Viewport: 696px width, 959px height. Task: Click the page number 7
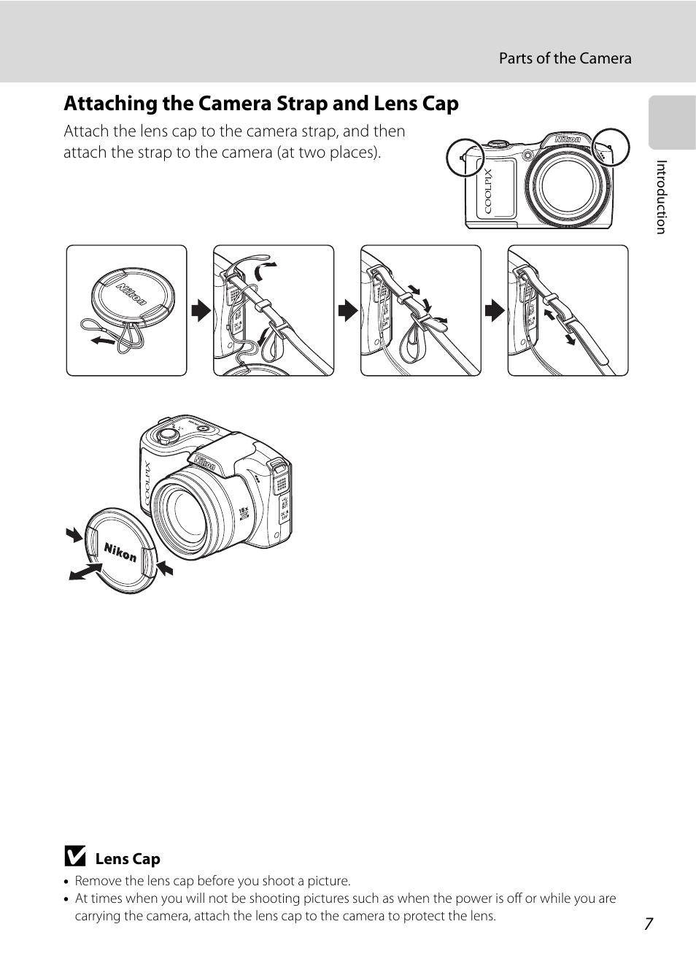click(x=649, y=924)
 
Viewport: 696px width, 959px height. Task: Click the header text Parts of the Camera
click(x=565, y=58)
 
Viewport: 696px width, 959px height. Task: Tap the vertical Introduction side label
click(x=661, y=197)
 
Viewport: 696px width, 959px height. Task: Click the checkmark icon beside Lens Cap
click(x=75, y=856)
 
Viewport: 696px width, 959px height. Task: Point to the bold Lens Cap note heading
click(x=128, y=859)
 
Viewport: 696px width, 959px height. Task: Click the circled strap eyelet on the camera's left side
click(x=465, y=158)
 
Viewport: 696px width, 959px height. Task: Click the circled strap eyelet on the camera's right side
click(x=611, y=147)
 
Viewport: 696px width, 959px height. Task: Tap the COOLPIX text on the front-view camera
click(x=488, y=191)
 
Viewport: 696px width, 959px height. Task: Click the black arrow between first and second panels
click(x=201, y=310)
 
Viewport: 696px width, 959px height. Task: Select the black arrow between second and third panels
click(x=348, y=310)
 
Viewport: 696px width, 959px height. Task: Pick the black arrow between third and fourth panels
click(x=495, y=310)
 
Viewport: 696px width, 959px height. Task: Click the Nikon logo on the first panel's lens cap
click(x=132, y=295)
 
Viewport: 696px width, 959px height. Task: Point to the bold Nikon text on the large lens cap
click(x=120, y=552)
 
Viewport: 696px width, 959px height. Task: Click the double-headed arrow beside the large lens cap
click(x=85, y=572)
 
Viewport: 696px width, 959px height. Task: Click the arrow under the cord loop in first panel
click(x=103, y=340)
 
